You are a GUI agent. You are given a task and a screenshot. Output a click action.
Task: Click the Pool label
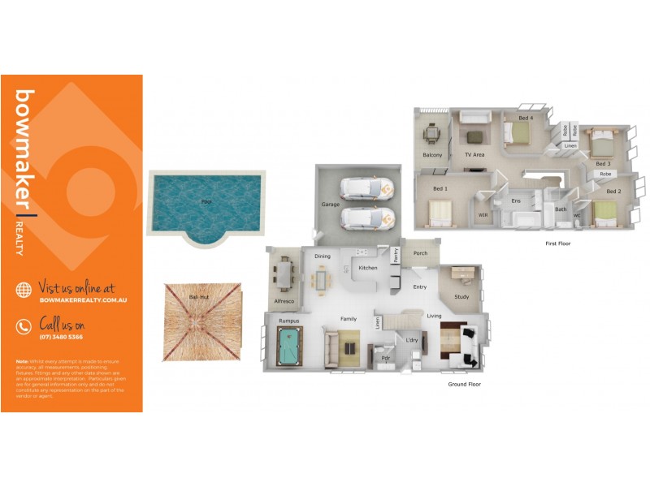[206, 200]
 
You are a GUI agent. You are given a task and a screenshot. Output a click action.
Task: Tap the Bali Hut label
[199, 297]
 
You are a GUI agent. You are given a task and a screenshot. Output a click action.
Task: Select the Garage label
[330, 205]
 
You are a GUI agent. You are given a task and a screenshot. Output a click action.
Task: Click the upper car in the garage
[366, 187]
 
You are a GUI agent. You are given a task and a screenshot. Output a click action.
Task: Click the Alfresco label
[284, 300]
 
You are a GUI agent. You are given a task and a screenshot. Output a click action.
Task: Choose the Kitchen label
[368, 268]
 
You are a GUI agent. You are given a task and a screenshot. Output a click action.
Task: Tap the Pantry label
[396, 256]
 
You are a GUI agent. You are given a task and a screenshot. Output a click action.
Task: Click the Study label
[461, 297]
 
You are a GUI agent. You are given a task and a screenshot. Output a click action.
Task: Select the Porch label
[420, 253]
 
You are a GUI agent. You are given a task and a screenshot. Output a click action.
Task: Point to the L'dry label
[411, 340]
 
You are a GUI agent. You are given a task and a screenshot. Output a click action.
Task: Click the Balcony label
[432, 155]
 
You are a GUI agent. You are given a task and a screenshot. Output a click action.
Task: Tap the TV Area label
[474, 154]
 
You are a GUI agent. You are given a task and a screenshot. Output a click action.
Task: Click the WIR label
[483, 215]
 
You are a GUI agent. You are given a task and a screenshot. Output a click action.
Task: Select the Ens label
[515, 200]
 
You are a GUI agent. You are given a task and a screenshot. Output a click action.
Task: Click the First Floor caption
[557, 243]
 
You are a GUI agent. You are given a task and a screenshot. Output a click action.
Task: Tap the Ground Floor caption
[465, 384]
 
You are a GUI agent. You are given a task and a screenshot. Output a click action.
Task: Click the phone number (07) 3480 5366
[61, 337]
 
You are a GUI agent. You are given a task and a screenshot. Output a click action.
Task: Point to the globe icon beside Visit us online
[24, 289]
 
